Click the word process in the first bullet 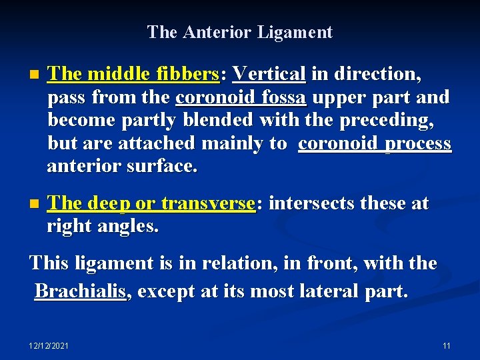tap(418, 143)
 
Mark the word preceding tap(382, 121)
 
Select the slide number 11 tap(446, 346)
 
